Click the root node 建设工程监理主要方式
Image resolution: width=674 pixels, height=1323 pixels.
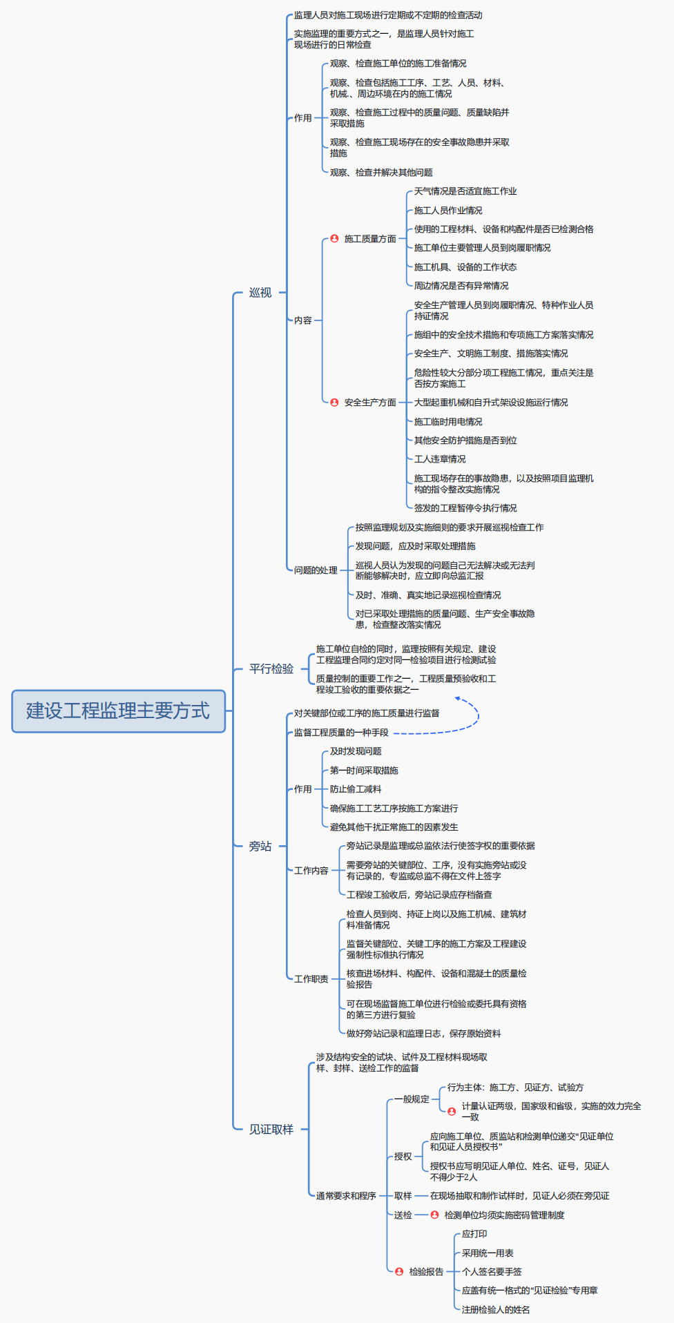[x=118, y=711]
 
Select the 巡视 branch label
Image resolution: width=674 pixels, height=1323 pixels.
[x=260, y=293]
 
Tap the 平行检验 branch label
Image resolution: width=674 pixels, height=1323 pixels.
[x=271, y=668]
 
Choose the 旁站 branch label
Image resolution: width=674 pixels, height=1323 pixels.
[x=260, y=846]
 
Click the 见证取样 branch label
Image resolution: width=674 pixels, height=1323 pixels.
[x=271, y=1129]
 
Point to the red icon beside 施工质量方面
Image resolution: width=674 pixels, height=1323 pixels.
[x=334, y=238]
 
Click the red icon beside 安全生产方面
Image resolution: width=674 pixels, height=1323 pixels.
[x=334, y=402]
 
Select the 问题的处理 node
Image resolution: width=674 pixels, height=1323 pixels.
[x=316, y=570]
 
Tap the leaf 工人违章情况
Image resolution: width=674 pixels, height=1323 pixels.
[x=440, y=459]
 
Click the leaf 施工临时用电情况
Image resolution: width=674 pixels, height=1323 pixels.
[x=448, y=421]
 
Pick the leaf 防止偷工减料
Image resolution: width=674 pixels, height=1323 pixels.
[x=356, y=789]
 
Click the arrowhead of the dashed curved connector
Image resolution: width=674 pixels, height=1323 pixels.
[x=457, y=699]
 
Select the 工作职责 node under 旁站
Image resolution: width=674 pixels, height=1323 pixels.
[x=311, y=979]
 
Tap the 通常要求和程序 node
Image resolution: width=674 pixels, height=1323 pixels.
[x=346, y=1196]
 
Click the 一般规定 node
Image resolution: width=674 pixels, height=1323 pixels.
[x=412, y=1099]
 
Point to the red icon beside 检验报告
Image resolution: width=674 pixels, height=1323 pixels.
[x=399, y=1271]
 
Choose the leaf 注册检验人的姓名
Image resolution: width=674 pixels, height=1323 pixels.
[x=496, y=1309]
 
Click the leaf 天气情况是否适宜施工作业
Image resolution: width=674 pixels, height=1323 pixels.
[x=465, y=191]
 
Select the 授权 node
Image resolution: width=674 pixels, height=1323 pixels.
[x=403, y=1157]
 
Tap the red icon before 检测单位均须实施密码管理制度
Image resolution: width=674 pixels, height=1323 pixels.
[x=434, y=1215]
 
